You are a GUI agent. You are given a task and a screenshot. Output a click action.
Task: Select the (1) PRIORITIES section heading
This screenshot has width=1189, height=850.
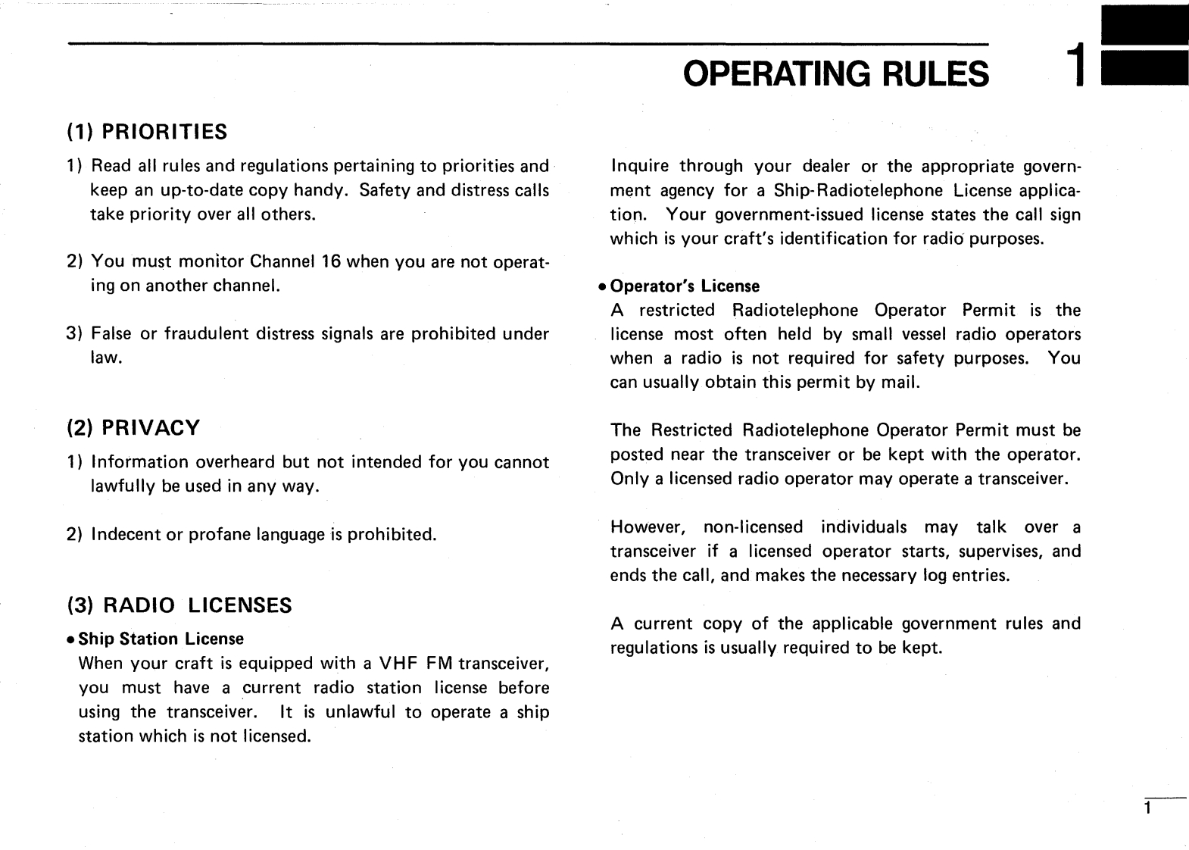tap(147, 133)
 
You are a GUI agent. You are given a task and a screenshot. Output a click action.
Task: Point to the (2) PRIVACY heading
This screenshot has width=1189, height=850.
tap(133, 428)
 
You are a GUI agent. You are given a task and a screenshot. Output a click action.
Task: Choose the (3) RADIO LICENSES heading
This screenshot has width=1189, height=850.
tap(179, 605)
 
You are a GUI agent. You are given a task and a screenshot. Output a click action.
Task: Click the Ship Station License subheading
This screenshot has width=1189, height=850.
tap(161, 639)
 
